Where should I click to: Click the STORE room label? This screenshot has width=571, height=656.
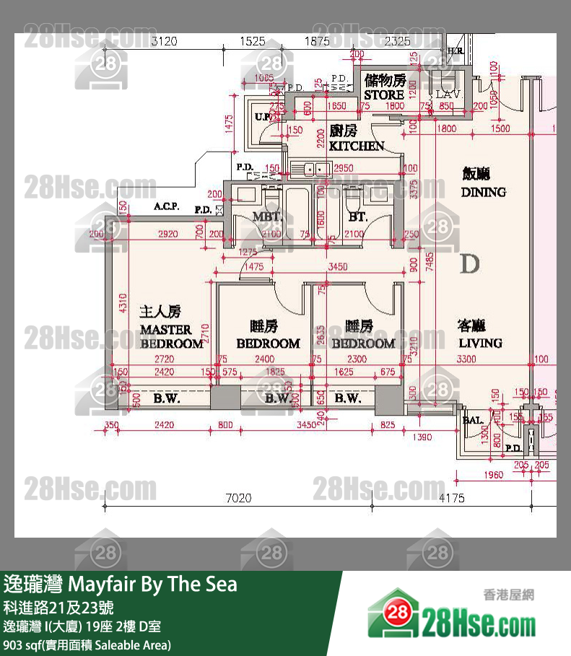pos(384,95)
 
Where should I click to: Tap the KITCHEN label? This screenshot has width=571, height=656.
pos(357,146)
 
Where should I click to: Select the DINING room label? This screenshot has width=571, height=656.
pos(483,192)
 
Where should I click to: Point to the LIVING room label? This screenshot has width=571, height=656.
pos(480,343)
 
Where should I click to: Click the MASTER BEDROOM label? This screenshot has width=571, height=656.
pos(171,336)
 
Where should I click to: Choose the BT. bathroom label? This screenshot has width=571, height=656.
pos(358,217)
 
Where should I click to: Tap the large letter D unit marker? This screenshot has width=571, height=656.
pos(469,264)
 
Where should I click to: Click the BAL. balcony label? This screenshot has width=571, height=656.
pos(473,419)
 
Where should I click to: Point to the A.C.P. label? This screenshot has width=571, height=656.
pos(167,207)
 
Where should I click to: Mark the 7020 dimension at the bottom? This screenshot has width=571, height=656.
pos(237,498)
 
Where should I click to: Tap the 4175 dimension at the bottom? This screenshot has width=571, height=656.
pos(451,498)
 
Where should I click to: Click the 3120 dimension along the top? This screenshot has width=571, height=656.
pos(164,42)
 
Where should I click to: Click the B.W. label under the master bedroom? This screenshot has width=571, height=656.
pos(167,398)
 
